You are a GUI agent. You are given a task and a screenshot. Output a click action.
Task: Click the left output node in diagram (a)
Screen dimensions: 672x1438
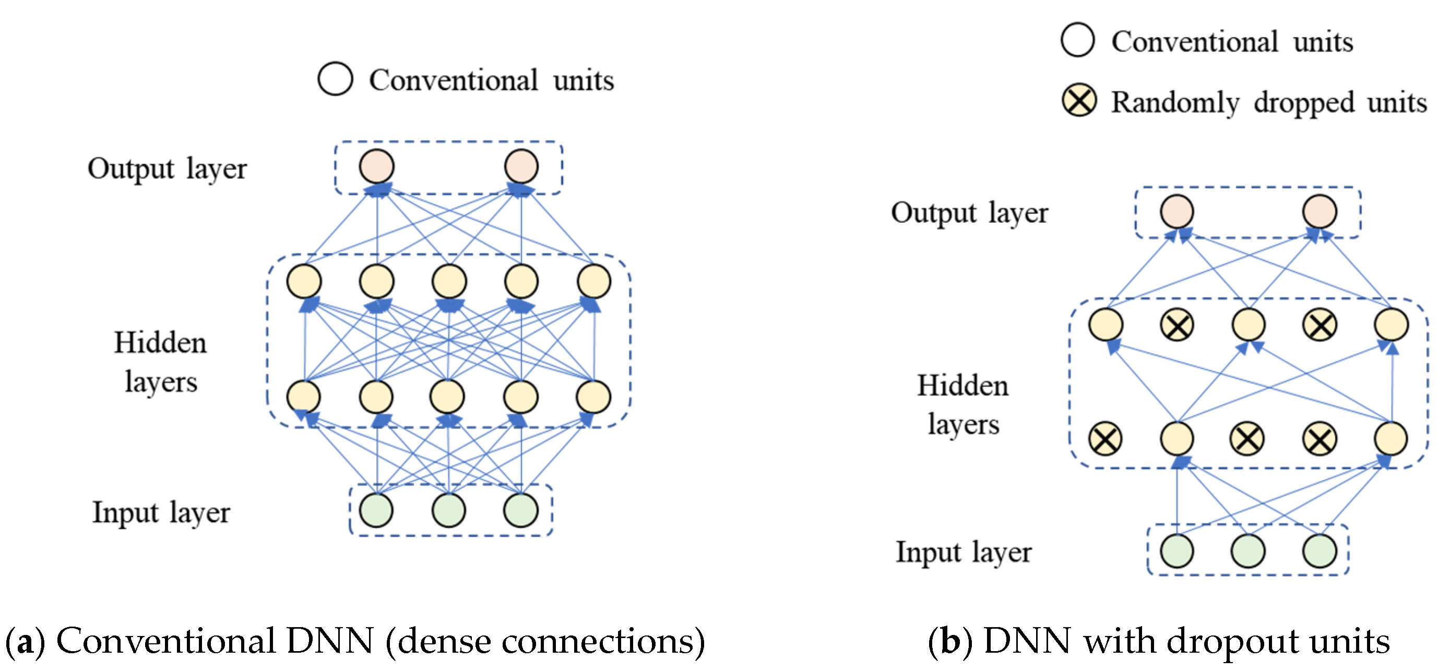(377, 166)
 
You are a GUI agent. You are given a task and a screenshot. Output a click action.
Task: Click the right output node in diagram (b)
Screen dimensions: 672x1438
(1320, 211)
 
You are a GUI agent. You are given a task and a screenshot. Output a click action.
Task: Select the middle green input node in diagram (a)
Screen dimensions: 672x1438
(448, 510)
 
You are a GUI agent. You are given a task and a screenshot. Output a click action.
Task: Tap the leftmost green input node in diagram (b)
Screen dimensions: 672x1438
(1176, 551)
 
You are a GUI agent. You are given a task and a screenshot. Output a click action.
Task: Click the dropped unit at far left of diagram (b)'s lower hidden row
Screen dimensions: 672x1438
(1106, 439)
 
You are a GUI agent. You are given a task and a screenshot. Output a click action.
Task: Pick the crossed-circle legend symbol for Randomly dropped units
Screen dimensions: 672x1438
(1079, 101)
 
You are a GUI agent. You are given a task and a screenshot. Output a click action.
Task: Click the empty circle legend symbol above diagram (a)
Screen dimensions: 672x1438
(335, 79)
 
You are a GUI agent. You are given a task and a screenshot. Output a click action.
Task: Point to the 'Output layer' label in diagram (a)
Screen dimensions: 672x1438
(167, 168)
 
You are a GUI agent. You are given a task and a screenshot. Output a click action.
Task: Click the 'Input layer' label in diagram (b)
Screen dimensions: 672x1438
(964, 552)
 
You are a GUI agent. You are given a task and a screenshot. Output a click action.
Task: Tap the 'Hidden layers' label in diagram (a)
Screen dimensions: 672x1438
(160, 362)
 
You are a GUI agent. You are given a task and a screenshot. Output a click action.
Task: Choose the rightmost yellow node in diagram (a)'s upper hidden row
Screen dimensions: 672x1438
(594, 281)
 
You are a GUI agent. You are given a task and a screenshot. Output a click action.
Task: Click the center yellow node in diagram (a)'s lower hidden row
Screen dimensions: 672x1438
(448, 397)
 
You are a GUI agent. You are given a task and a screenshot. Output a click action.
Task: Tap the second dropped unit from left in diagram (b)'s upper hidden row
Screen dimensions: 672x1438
(1320, 325)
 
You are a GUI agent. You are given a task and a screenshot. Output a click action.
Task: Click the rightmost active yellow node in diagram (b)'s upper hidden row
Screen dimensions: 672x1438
(1391, 325)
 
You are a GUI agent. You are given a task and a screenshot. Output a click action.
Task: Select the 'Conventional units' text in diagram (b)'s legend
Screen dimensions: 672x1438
(1232, 41)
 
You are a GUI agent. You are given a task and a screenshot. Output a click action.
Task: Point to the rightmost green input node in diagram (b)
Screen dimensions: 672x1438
(1320, 551)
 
